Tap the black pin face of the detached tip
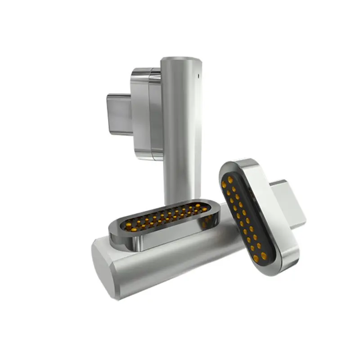pyautogui.click(x=243, y=216)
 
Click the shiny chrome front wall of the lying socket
pyautogui.click(x=162, y=238)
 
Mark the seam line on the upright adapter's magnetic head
pyautogui.click(x=149, y=112)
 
